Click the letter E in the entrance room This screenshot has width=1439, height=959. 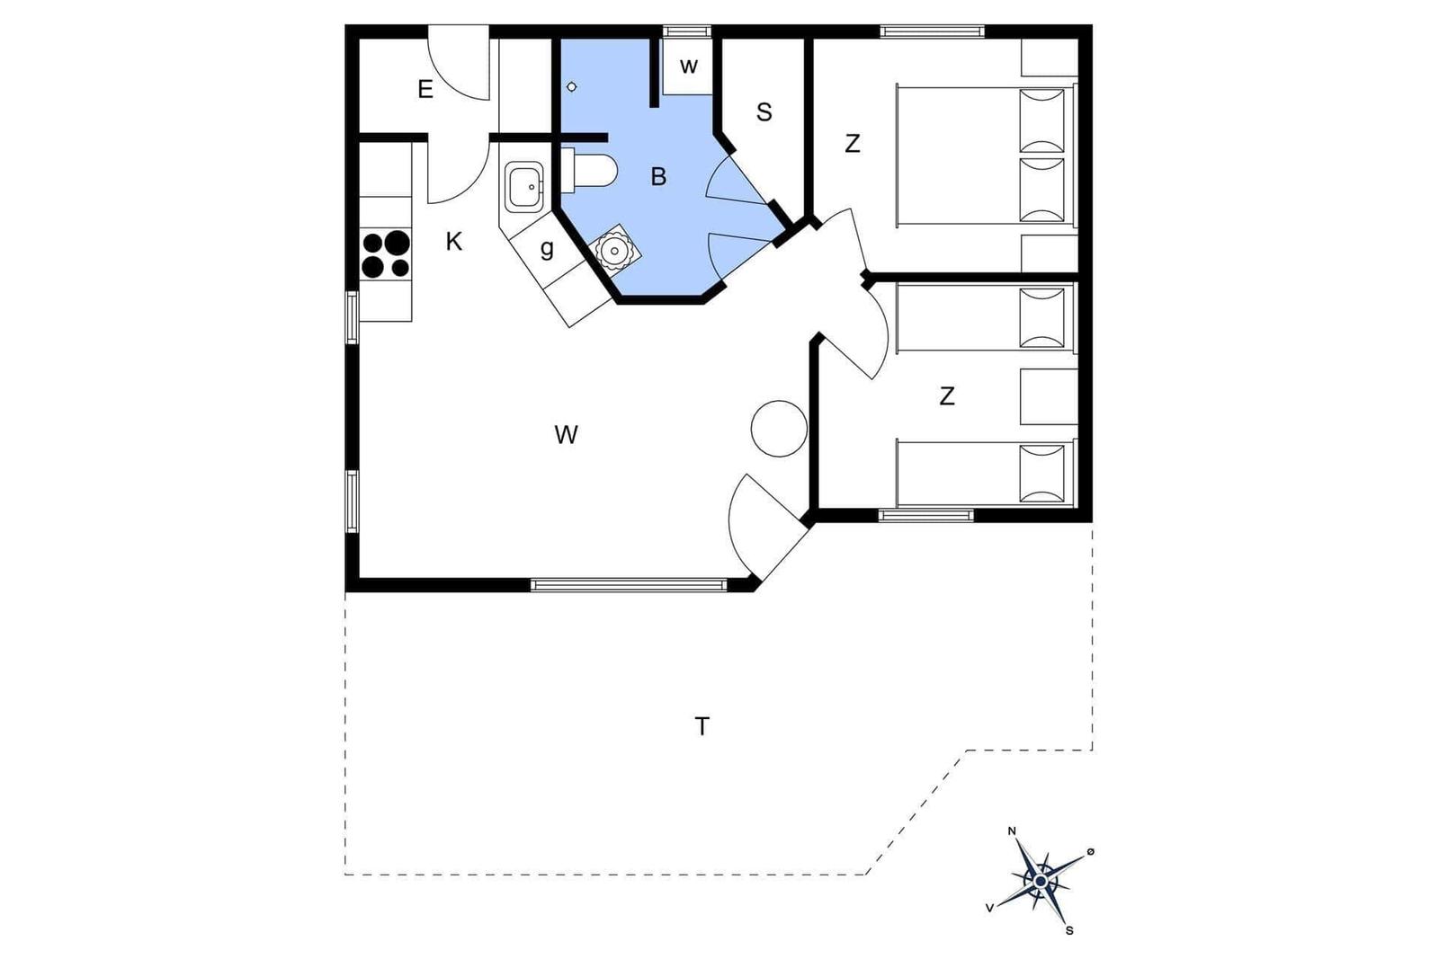coord(425,89)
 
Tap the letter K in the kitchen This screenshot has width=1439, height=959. coord(453,242)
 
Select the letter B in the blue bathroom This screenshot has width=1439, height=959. coord(658,176)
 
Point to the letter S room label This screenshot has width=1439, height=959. coord(764,112)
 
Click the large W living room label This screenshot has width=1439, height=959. coord(566,435)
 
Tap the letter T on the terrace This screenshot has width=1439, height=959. coord(702,726)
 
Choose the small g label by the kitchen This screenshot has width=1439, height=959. coord(547,249)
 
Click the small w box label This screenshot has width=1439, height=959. coord(689,67)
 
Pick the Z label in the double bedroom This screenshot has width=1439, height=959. coord(853,144)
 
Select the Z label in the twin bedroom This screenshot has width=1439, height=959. coord(947,396)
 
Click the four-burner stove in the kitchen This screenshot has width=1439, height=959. coord(386,254)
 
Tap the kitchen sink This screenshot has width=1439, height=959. coord(524,187)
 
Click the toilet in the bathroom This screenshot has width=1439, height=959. coord(588,172)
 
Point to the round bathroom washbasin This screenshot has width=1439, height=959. coord(615,248)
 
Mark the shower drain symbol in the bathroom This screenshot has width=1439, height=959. coord(572,86)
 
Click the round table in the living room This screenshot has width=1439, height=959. coord(779,429)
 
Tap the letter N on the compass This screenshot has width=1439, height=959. coord(1012,831)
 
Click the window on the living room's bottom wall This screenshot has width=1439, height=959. coord(629,585)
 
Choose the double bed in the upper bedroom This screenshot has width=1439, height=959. coord(986,156)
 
